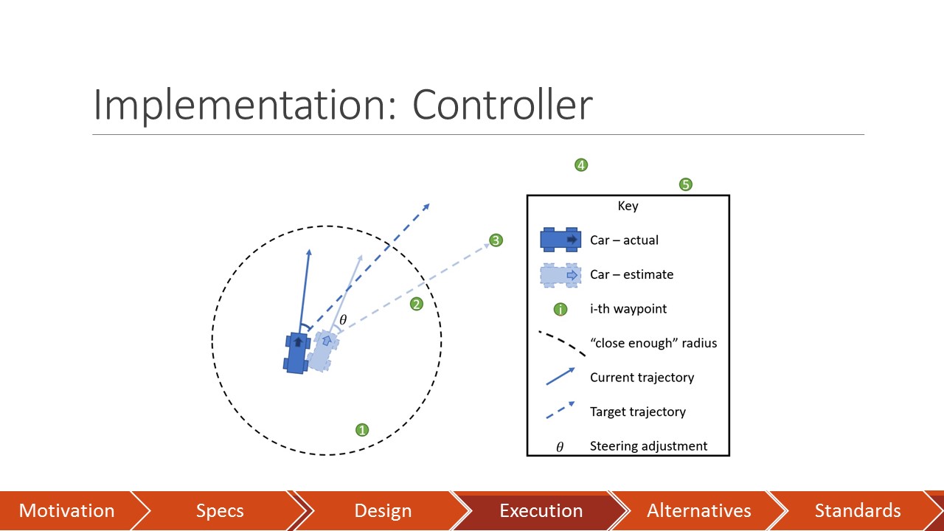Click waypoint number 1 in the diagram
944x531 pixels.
(362, 430)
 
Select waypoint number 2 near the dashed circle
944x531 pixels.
(417, 304)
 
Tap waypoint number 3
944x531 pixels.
(496, 240)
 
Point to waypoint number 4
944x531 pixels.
(581, 165)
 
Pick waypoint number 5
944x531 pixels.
(686, 184)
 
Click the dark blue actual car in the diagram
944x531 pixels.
(297, 353)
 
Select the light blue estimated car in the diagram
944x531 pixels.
(322, 351)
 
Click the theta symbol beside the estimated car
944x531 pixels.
(342, 320)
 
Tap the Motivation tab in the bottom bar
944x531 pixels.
(66, 511)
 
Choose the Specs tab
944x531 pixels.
(220, 511)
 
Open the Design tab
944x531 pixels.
(382, 511)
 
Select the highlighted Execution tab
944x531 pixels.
(541, 511)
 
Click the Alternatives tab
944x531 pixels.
(698, 511)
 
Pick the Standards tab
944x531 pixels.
(857, 511)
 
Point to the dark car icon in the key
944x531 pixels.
(560, 240)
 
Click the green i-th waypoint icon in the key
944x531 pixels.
(560, 309)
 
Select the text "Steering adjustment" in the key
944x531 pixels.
(648, 446)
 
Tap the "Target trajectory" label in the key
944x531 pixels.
(637, 412)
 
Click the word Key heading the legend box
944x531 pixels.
(628, 206)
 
